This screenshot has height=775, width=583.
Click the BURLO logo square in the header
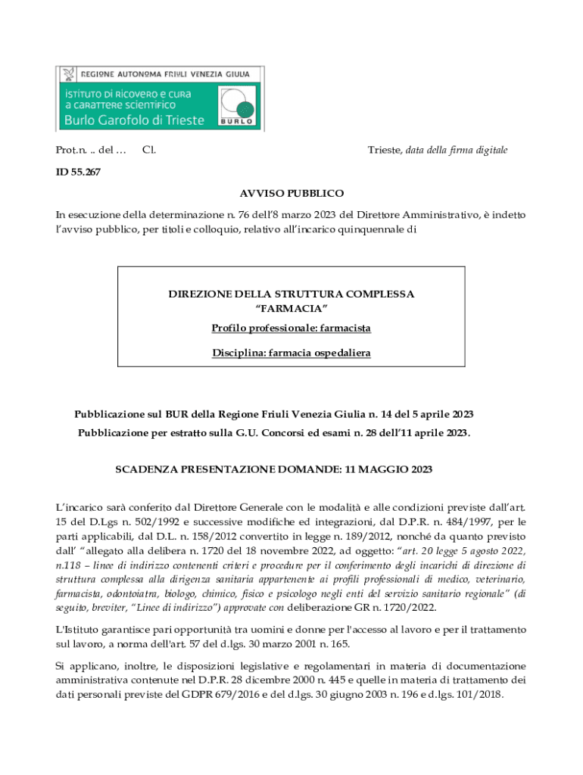pos(236,105)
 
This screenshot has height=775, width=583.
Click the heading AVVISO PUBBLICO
pos(291,194)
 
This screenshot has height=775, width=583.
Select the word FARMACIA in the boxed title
pos(291,308)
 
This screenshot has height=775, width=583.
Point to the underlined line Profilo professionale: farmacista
pos(291,328)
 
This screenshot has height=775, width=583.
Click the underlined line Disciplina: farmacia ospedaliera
pos(291,353)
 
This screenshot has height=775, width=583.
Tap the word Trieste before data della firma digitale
pos(384,151)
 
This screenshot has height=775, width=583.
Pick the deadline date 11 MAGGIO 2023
pos(388,470)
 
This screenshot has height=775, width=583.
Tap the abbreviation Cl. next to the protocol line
pos(149,151)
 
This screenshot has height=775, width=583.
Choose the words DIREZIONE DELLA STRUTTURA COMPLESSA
pos(291,294)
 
